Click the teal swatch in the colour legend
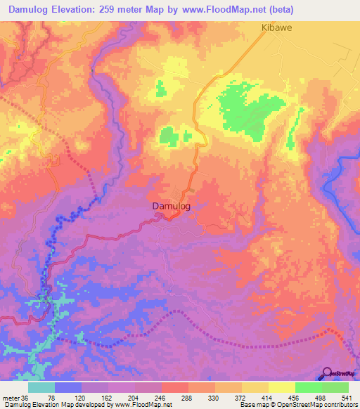(x=41, y=387)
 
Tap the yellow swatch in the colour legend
(x=282, y=387)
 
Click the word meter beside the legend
(x=10, y=397)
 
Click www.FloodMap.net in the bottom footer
(x=147, y=405)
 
